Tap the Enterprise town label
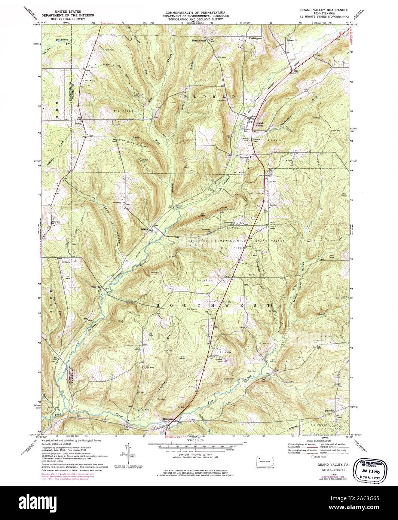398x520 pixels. click(x=169, y=419)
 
